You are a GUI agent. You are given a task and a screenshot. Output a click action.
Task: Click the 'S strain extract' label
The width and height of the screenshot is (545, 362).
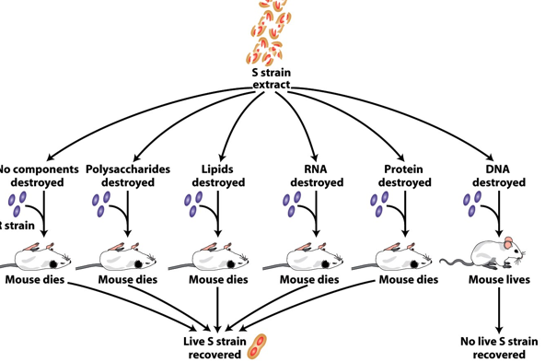pos(272,78)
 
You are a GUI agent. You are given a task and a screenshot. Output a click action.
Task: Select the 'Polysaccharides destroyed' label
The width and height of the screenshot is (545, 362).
pos(128,176)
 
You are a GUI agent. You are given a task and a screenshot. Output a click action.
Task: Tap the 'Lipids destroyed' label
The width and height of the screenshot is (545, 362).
pos(218,176)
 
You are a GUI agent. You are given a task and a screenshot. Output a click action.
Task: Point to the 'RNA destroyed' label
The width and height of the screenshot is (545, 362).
pos(316,176)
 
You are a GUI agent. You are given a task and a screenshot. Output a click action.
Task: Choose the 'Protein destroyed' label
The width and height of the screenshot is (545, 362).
pos(405,176)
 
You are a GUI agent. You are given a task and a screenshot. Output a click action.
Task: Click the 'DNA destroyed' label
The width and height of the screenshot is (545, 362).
pos(498,176)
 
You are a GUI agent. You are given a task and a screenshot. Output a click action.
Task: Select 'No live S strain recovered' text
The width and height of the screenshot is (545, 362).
pos(498,347)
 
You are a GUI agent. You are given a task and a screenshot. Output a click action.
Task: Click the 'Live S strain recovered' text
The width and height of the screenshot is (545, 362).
pos(215,347)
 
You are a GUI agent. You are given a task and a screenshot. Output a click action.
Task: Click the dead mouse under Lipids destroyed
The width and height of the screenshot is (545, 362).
pos(219,256)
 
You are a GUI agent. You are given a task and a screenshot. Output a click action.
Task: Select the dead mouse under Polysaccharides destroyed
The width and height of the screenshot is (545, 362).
pos(126,256)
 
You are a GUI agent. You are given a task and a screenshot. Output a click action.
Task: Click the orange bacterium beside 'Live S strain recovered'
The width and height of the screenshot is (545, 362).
pos(261,346)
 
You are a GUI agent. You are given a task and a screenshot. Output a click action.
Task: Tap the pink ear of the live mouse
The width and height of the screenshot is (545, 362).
pos(507,242)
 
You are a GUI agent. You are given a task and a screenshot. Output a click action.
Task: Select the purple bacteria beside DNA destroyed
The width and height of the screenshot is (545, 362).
pos(472,204)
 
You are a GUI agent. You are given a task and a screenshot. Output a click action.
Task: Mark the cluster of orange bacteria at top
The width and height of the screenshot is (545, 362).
pos(272,32)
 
